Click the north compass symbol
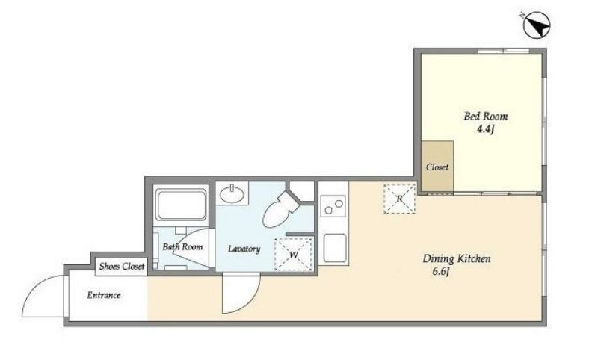click(x=537, y=25)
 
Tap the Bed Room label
click(x=486, y=116)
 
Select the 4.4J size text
click(x=485, y=129)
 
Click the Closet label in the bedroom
click(x=437, y=167)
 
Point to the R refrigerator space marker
click(x=400, y=199)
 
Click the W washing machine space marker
click(x=294, y=254)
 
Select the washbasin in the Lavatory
click(x=232, y=194)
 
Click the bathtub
click(x=181, y=205)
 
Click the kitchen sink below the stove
click(x=335, y=248)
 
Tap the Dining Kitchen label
click(x=457, y=259)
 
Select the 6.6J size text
click(x=441, y=272)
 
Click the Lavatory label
click(x=244, y=249)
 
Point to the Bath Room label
click(x=182, y=247)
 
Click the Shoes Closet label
click(x=122, y=267)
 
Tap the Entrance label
click(x=104, y=295)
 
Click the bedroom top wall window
click(x=503, y=51)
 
